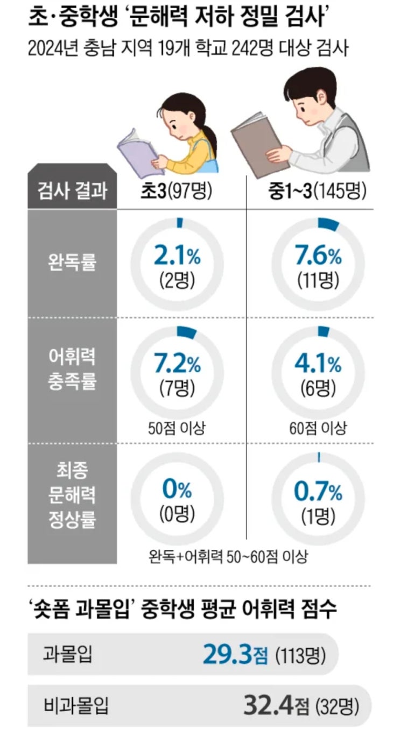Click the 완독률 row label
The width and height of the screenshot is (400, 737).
(72, 264)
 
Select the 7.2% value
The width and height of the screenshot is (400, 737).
(177, 366)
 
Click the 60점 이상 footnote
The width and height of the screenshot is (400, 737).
(318, 428)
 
